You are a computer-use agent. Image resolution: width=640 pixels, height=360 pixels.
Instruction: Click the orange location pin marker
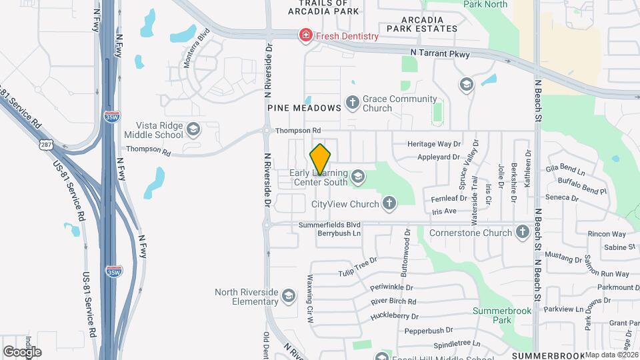(321, 159)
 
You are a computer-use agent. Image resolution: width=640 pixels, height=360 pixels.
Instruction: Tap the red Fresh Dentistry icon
(306, 35)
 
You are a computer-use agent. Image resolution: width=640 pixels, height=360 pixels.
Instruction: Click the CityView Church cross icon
(389, 203)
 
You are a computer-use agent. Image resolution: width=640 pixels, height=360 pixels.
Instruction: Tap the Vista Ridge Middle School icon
(193, 129)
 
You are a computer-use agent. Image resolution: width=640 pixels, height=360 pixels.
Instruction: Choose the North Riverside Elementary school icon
(288, 295)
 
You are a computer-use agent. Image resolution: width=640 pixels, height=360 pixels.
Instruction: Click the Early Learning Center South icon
(358, 176)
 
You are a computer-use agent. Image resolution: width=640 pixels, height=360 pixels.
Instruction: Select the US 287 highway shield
(45, 145)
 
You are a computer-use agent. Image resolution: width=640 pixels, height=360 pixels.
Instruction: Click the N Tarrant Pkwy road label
(436, 53)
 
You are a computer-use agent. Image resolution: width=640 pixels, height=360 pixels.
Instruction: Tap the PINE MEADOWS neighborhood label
(304, 107)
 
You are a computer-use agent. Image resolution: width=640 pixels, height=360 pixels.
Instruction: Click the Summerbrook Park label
(492, 315)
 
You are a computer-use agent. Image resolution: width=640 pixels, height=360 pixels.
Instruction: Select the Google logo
(22, 351)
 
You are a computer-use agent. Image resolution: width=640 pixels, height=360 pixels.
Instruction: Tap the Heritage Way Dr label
(435, 144)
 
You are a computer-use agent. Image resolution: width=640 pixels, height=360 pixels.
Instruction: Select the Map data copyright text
(611, 355)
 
